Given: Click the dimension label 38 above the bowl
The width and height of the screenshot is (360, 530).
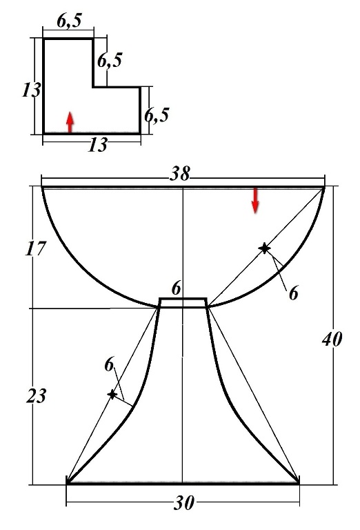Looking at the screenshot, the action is click(180, 174).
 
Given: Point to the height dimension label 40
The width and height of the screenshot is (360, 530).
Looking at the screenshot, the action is click(332, 339).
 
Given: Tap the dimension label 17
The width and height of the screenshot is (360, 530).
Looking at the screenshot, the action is click(35, 248).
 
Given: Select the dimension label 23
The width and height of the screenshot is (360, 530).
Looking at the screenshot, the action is click(36, 395).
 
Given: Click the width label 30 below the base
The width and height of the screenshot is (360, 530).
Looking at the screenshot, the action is click(184, 502).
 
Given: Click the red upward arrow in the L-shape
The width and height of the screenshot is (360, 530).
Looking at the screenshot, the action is click(70, 121).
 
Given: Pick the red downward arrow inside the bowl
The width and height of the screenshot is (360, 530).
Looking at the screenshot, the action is click(255, 200).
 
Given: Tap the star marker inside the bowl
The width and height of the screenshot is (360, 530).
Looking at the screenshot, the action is click(264, 248).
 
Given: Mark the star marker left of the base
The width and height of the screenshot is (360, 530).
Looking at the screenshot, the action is click(112, 394).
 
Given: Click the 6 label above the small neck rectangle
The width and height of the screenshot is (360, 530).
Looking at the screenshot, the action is click(176, 289).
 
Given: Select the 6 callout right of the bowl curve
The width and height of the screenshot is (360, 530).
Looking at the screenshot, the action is click(294, 293).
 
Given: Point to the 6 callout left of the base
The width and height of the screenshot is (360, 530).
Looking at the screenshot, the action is click(109, 365).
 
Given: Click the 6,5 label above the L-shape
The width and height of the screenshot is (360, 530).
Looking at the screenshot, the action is click(69, 21).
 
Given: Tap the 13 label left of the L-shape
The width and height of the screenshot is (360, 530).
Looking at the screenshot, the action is click(32, 90).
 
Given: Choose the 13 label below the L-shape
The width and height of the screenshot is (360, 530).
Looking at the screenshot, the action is click(98, 145).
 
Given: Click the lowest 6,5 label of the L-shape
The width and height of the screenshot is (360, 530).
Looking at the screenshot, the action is click(157, 116).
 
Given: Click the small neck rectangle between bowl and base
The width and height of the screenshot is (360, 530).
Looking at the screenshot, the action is click(183, 302).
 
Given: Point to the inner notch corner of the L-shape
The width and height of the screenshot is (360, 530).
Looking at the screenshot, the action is click(93, 87).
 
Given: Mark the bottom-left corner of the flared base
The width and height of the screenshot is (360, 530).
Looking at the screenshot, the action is click(67, 483).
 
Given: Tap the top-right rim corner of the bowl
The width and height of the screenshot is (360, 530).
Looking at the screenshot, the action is click(324, 187).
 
